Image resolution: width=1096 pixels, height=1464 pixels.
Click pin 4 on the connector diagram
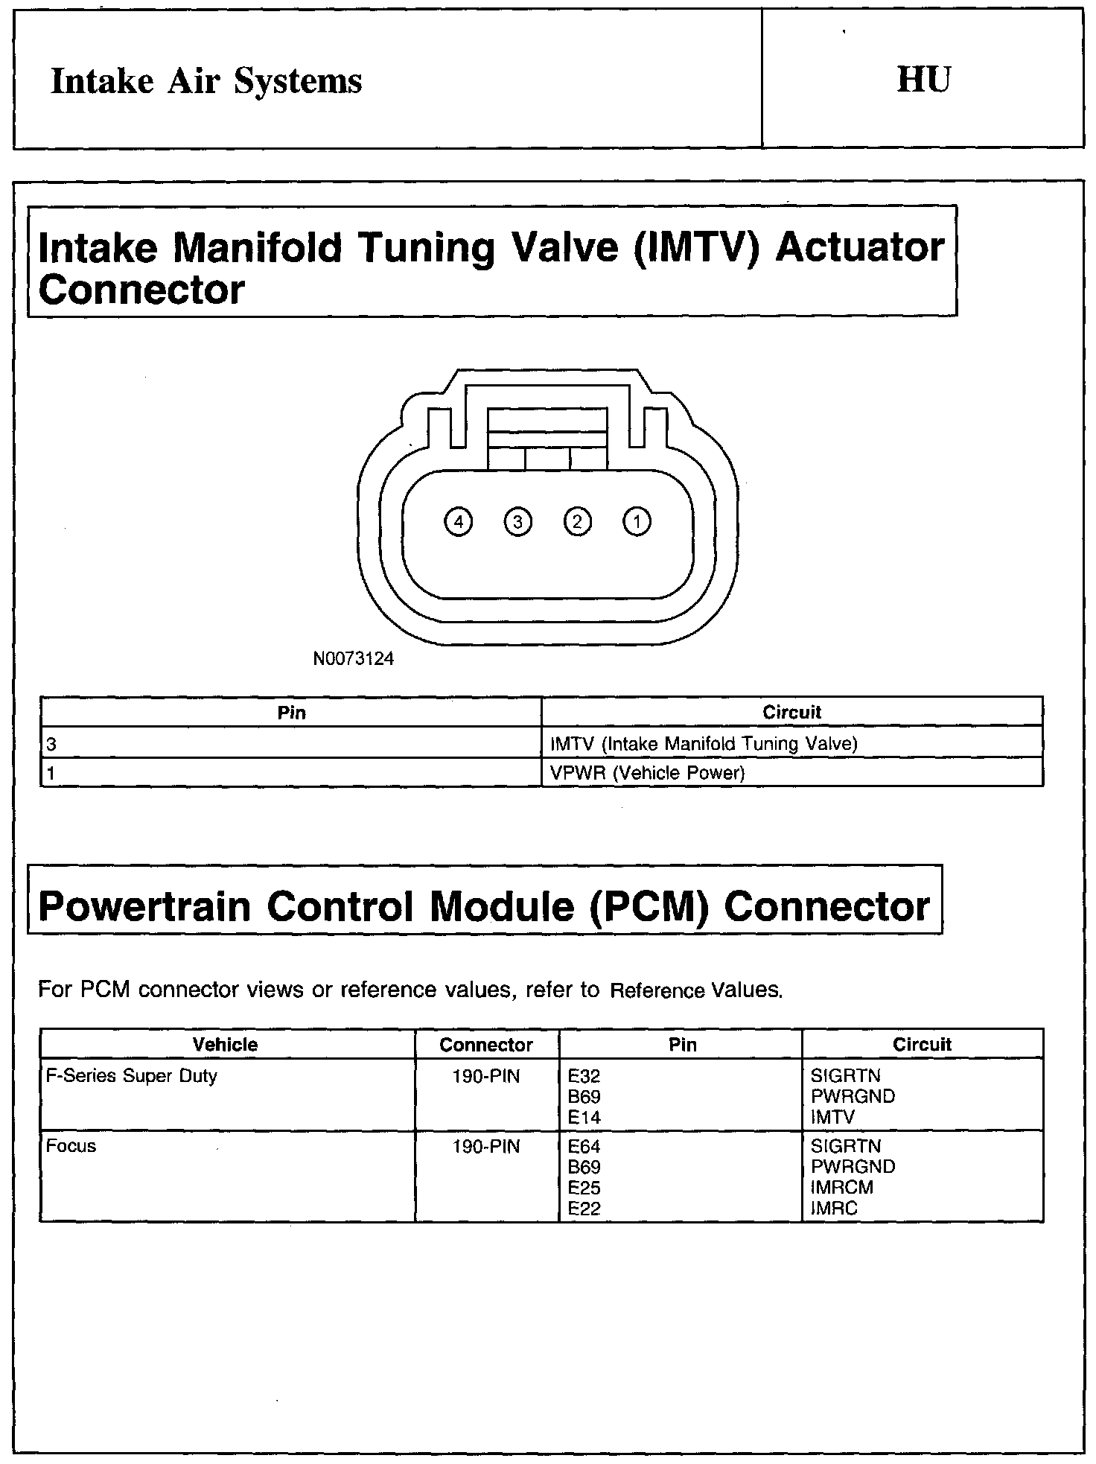[x=458, y=522]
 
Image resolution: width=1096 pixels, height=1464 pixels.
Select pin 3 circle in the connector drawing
[x=517, y=522]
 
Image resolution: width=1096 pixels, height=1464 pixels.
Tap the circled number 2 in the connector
[x=577, y=521]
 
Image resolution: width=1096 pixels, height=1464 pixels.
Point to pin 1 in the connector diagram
[x=636, y=521]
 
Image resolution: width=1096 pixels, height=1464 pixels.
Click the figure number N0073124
[x=354, y=659]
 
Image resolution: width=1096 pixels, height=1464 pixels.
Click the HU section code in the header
[x=923, y=80]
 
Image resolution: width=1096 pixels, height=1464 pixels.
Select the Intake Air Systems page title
[x=206, y=81]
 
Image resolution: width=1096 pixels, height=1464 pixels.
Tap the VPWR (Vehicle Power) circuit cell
[x=647, y=773]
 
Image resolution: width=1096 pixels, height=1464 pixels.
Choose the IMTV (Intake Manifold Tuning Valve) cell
[x=704, y=743]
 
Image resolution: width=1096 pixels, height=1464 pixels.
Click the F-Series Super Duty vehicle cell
[x=132, y=1076]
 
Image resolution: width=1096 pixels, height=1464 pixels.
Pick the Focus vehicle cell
[x=71, y=1146]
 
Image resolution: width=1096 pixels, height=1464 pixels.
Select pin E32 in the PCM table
[x=584, y=1076]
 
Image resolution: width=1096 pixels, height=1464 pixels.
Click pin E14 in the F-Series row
[x=584, y=1117]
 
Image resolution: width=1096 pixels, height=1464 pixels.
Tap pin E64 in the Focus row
[x=584, y=1147]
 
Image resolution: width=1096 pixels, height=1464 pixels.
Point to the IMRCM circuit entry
[x=841, y=1188]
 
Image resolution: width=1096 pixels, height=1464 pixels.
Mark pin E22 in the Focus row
[x=584, y=1209]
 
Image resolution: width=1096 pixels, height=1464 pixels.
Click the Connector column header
[x=486, y=1045]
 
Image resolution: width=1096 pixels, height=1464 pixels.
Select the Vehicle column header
[x=225, y=1044]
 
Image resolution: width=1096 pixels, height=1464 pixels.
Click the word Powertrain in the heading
[x=144, y=907]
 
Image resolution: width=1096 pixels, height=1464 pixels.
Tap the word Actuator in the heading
[x=860, y=247]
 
